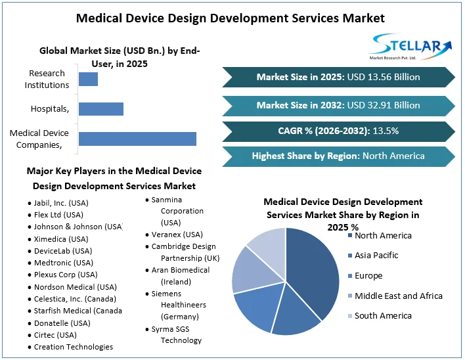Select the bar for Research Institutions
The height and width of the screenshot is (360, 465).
point(88,79)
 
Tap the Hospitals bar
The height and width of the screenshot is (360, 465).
point(101,108)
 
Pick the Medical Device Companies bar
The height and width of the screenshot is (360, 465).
point(137,139)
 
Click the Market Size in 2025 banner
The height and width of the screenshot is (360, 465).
point(338,78)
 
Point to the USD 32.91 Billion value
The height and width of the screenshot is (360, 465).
point(384,105)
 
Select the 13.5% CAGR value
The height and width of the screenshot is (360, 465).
point(386,131)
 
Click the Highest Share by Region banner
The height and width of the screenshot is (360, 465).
point(338,156)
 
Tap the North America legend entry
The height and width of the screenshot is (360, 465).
point(383,235)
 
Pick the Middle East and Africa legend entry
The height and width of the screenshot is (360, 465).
point(398,296)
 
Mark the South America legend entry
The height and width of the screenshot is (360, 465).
point(383,316)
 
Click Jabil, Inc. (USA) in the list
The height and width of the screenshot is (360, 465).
point(61,203)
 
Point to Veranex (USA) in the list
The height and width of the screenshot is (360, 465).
point(177,235)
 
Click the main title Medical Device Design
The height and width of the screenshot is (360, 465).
point(231,18)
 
